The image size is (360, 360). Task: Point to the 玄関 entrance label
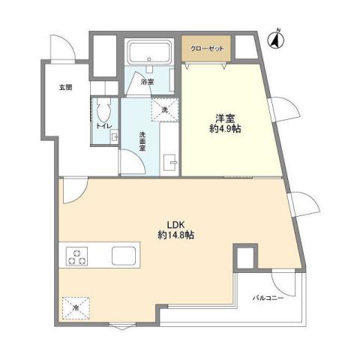[x=66, y=88]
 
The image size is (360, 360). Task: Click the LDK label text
[x=176, y=223]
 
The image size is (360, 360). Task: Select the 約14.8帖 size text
[x=176, y=235]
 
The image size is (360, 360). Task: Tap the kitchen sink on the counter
[x=124, y=256]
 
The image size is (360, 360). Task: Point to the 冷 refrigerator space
[x=76, y=307]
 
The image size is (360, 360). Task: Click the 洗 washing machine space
[x=166, y=109]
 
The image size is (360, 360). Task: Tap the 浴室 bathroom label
[x=149, y=82]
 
